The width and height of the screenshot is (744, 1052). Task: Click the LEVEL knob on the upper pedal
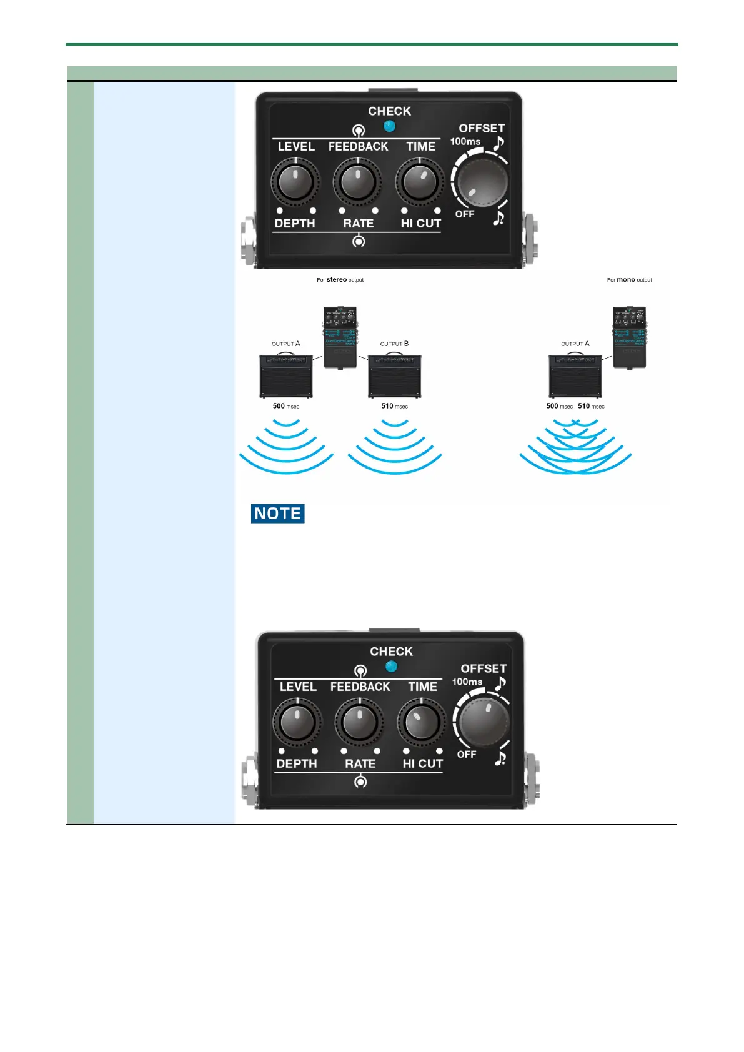[x=295, y=182]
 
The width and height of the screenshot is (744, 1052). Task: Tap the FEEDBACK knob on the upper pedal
[x=357, y=182]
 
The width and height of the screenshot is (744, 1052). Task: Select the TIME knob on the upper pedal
[x=420, y=182]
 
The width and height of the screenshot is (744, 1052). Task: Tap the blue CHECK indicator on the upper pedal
[x=390, y=126]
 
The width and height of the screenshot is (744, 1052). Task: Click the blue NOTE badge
[x=277, y=514]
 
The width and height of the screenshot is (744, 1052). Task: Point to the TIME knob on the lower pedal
[x=422, y=722]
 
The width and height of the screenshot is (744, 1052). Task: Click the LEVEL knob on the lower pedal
[x=297, y=722]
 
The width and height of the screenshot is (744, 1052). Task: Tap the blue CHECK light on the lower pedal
[x=392, y=667]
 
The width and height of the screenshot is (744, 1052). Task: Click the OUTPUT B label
[x=394, y=344]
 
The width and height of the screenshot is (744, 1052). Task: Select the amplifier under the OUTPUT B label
[x=394, y=376]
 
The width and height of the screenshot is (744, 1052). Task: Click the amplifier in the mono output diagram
[x=575, y=376]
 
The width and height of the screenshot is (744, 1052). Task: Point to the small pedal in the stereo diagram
[x=340, y=337]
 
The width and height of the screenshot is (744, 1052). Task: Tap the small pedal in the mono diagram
[x=629, y=337]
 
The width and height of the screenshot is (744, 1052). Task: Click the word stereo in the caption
[x=337, y=280]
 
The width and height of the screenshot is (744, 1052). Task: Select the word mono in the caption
[x=626, y=280]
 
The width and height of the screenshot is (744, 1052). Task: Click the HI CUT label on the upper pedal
[x=421, y=223]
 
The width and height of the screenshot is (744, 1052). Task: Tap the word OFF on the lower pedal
[x=467, y=755]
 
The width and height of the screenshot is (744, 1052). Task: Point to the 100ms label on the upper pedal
[x=465, y=142]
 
